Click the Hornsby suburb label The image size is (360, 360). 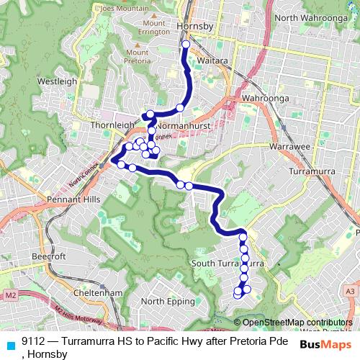(x=194, y=27)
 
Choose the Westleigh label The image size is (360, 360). (x=57, y=81)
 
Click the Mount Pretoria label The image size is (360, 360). (x=137, y=57)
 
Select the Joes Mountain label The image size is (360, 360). (x=120, y=7)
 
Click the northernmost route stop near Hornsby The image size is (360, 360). (x=186, y=45)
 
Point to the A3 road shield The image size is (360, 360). (x=350, y=290)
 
